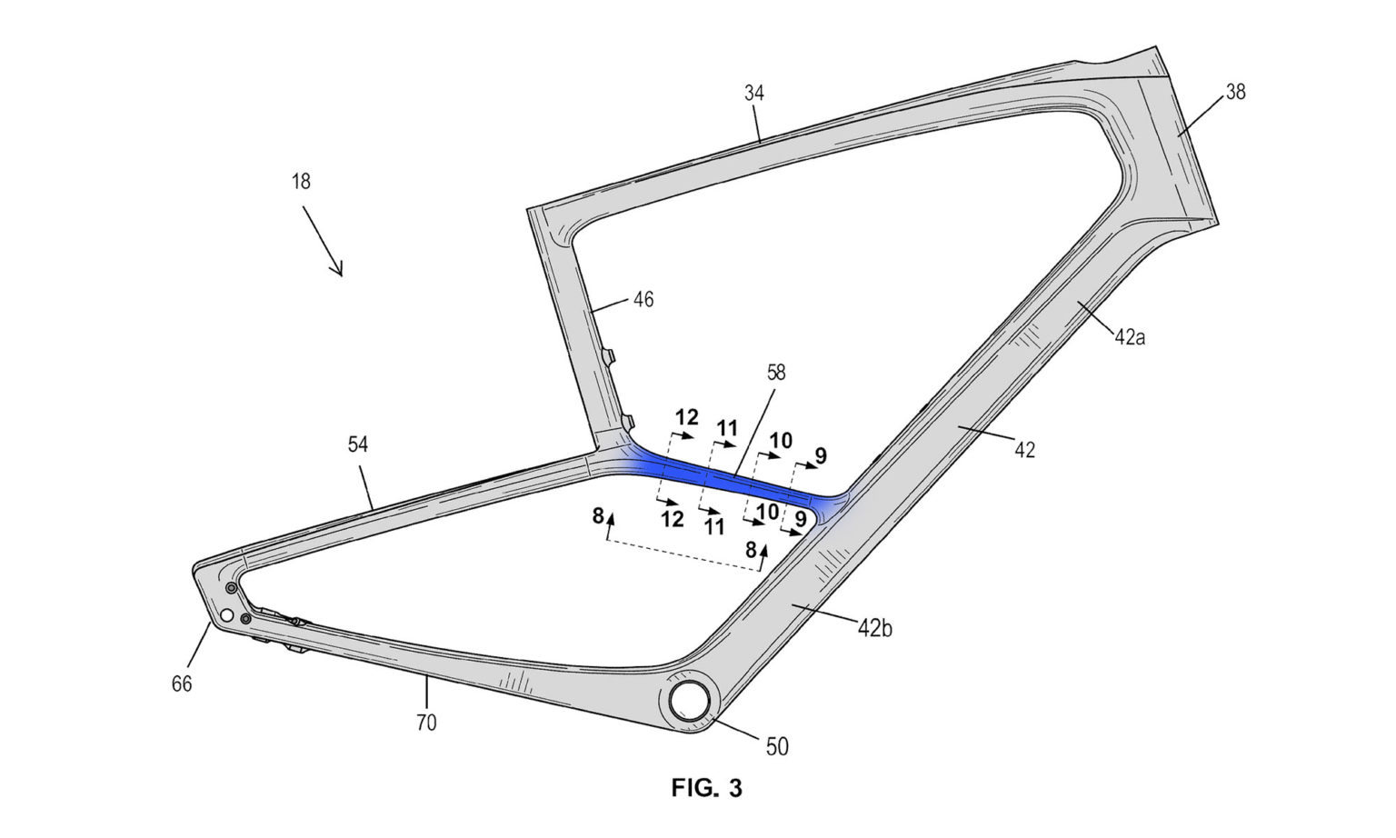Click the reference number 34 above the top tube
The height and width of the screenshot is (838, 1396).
[x=753, y=93]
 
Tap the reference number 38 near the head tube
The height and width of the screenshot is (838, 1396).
[x=1235, y=92]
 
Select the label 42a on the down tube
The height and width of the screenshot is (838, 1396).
[x=1130, y=337]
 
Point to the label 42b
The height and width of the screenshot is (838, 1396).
[x=874, y=627]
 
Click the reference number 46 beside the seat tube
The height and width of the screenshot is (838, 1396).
[x=643, y=299]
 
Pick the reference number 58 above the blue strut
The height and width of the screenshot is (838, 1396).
[x=775, y=372]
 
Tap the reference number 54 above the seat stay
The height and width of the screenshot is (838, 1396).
[x=358, y=444]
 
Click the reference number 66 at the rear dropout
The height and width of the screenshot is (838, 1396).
[x=182, y=683]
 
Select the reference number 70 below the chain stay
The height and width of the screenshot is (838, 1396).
[x=426, y=723]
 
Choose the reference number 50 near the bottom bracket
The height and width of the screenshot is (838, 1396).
[x=777, y=747]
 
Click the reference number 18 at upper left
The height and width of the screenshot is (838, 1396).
[x=301, y=181]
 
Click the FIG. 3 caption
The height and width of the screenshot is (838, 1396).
[x=706, y=788]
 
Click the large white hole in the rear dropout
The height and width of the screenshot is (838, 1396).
[x=226, y=616]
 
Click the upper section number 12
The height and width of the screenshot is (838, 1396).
[x=687, y=417]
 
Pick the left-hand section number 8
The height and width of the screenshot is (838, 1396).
[x=598, y=516]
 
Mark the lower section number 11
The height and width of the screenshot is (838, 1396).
[x=713, y=525]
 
